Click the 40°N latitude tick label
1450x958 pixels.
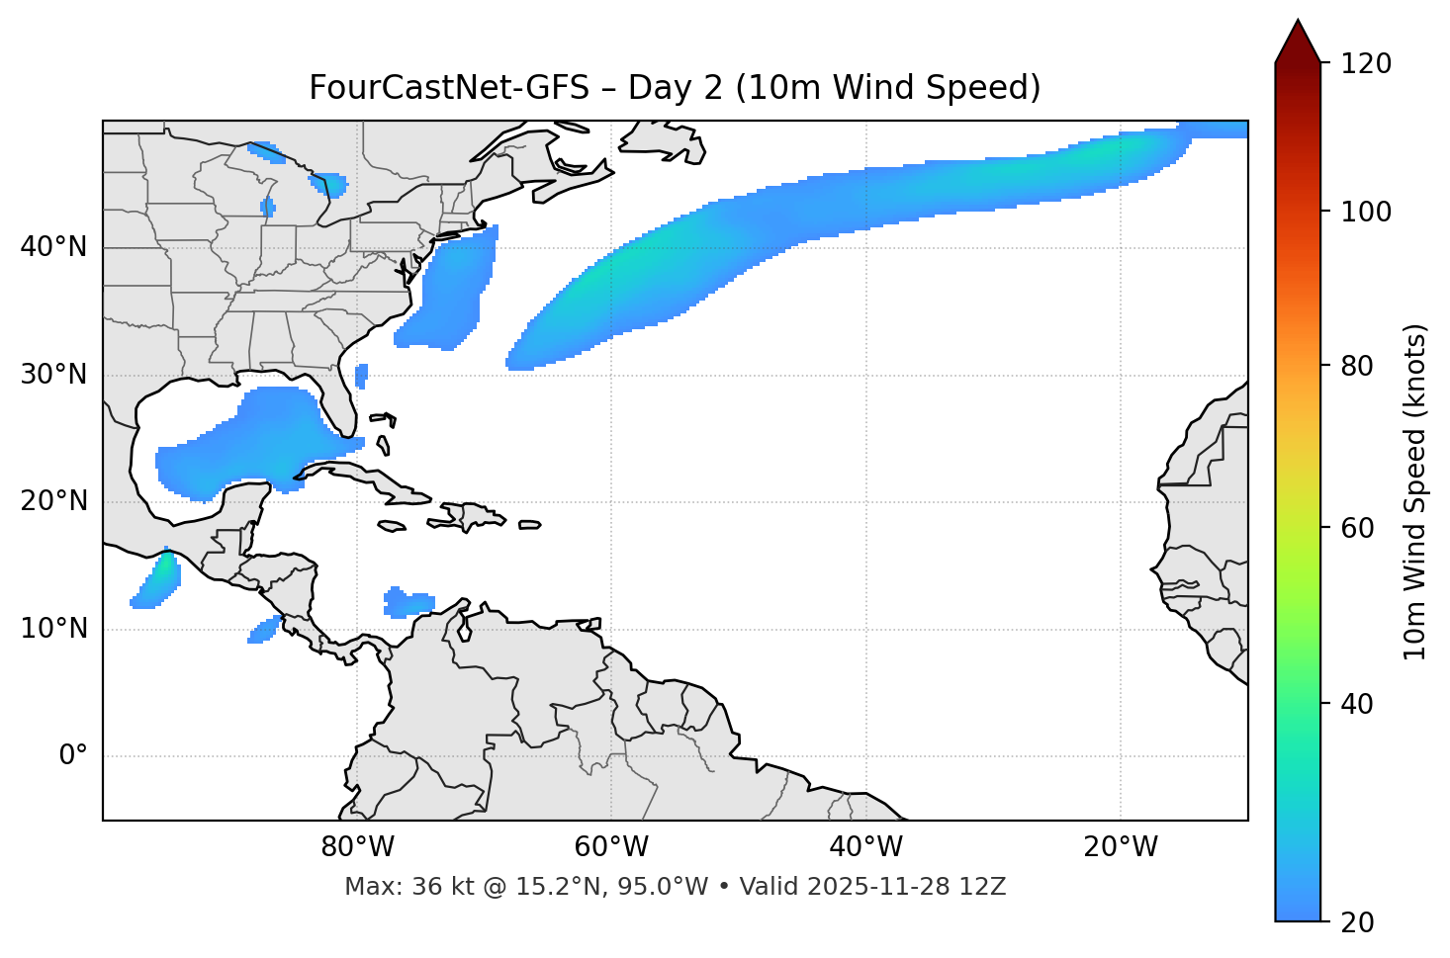click(x=53, y=247)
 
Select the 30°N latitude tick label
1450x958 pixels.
click(x=53, y=375)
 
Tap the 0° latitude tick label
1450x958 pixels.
click(x=73, y=756)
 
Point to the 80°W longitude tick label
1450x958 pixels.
click(x=357, y=847)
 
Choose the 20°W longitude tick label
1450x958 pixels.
click(x=1121, y=847)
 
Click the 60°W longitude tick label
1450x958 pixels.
click(x=611, y=847)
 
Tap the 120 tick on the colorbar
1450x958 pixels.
click(x=1366, y=64)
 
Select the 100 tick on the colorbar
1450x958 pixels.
click(x=1366, y=212)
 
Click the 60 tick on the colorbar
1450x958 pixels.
click(x=1358, y=528)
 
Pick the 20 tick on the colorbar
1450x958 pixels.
click(x=1358, y=922)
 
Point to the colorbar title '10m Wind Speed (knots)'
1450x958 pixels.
click(x=1415, y=492)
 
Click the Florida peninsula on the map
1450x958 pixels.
click(x=342, y=400)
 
